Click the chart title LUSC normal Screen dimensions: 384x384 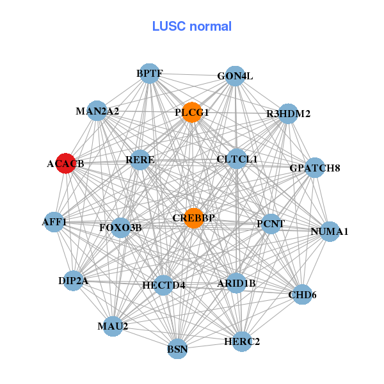pyautogui.click(x=191, y=27)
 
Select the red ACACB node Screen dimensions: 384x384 pyautogui.click(x=65, y=163)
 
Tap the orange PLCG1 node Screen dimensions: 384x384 pyautogui.click(x=192, y=112)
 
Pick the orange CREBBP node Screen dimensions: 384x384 pyautogui.click(x=193, y=218)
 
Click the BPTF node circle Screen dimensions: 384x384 pyautogui.click(x=149, y=74)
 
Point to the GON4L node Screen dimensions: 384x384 pyautogui.click(x=236, y=76)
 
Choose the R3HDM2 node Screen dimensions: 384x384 pyautogui.click(x=289, y=114)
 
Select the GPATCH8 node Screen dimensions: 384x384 pyautogui.click(x=315, y=168)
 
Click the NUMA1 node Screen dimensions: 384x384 pyautogui.click(x=329, y=231)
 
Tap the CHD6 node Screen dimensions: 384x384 pyautogui.click(x=302, y=294)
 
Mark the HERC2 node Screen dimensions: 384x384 pyautogui.click(x=243, y=340)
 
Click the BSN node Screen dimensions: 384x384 pyautogui.click(x=177, y=349)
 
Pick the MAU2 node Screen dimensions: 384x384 pyautogui.click(x=113, y=326)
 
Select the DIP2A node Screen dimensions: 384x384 pyautogui.click(x=73, y=280)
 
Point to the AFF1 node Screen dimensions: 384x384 pyautogui.click(x=54, y=221)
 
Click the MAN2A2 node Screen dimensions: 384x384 pyautogui.click(x=97, y=111)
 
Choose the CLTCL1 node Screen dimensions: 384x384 pyautogui.click(x=236, y=158)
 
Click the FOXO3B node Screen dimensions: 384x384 pyautogui.click(x=120, y=227)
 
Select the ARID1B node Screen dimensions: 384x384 pyautogui.click(x=236, y=283)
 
